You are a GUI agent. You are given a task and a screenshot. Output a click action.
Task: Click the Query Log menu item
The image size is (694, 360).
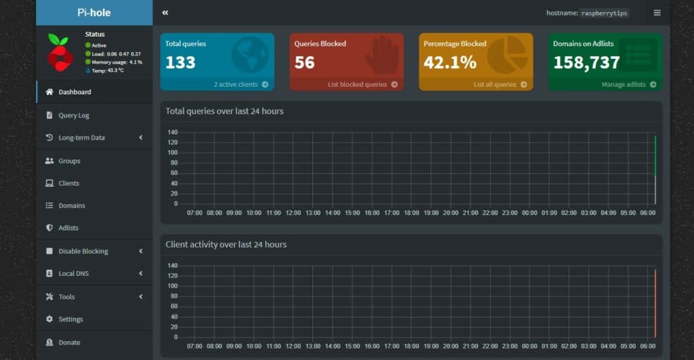(73, 115)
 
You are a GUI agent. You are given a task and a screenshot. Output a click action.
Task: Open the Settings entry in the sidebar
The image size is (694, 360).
(70, 319)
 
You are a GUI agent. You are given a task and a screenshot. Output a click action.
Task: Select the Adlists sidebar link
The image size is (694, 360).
(68, 228)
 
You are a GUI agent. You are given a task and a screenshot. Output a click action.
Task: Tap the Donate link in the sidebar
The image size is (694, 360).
(69, 342)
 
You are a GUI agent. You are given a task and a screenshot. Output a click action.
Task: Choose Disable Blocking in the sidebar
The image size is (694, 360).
(83, 251)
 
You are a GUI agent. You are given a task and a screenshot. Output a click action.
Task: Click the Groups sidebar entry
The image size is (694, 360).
(69, 161)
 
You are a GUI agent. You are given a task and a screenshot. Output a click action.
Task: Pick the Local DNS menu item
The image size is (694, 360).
(73, 273)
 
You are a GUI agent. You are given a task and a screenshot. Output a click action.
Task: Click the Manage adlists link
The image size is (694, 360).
(628, 84)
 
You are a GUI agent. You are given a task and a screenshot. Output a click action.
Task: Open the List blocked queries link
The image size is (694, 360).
(363, 84)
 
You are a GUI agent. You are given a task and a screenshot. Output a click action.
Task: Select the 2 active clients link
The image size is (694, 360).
(241, 84)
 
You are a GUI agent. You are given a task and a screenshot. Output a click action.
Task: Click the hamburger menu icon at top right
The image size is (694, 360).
(657, 13)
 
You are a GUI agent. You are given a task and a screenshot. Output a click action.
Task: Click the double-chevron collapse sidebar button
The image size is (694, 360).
(165, 13)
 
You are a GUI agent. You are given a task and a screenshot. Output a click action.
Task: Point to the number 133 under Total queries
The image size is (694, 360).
(180, 62)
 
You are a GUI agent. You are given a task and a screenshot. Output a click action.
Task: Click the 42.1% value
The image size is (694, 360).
(450, 62)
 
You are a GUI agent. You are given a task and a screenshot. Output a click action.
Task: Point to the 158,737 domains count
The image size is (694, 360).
(586, 62)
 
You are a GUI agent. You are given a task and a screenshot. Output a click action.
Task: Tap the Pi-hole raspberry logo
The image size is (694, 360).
(60, 52)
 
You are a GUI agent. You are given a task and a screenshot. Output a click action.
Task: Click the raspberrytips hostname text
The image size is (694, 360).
(604, 14)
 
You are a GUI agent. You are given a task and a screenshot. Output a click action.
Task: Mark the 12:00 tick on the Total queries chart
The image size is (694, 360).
(293, 213)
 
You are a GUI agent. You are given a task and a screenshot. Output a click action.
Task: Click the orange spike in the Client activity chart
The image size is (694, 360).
(655, 303)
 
